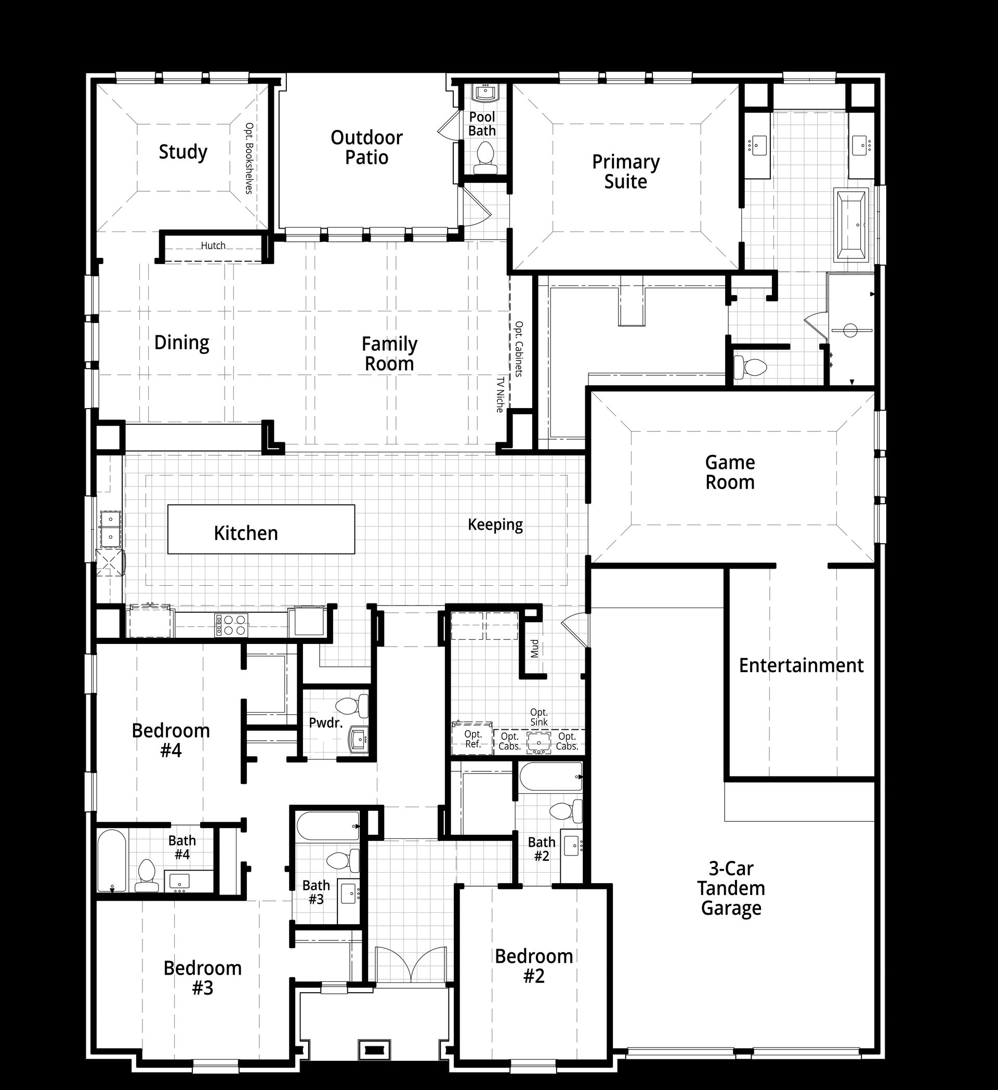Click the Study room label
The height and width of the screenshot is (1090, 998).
(x=183, y=152)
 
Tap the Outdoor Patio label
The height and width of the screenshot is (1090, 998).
(x=366, y=147)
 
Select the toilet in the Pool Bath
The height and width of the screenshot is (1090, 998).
(x=485, y=158)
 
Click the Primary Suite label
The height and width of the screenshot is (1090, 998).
(x=625, y=172)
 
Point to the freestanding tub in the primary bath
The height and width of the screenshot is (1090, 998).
(x=851, y=225)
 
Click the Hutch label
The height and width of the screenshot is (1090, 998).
(x=213, y=245)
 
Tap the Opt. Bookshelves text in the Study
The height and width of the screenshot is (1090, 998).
(x=249, y=159)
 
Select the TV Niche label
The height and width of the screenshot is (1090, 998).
(x=500, y=395)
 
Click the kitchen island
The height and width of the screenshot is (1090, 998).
(x=261, y=529)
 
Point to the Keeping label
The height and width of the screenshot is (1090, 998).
(x=495, y=524)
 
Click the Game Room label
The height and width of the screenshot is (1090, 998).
(x=730, y=472)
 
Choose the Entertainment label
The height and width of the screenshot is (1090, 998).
(x=801, y=665)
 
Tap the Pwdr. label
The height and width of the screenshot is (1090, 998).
(x=326, y=723)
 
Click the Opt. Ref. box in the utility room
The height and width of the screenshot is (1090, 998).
(x=472, y=739)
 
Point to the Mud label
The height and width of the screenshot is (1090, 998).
(x=534, y=648)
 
